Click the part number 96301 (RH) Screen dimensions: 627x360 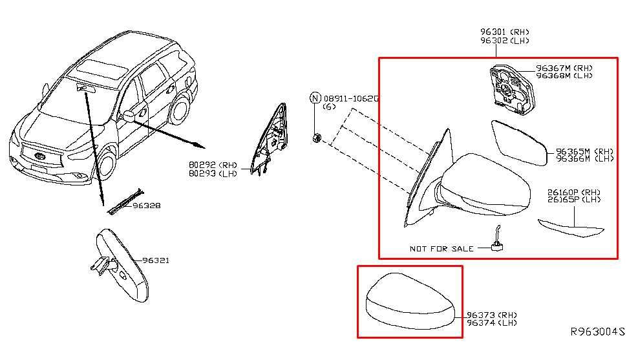[504, 32]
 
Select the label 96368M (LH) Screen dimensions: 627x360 [564, 76]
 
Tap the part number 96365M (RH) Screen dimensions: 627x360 [584, 152]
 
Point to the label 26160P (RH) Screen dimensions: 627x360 [574, 192]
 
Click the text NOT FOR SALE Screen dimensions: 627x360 [441, 249]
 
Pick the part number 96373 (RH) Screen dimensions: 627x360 [491, 315]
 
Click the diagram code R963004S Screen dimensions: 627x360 [597, 332]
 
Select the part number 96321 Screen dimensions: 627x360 [156, 260]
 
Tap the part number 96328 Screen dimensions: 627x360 [147, 206]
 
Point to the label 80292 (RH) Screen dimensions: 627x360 [213, 165]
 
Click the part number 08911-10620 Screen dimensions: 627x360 [351, 98]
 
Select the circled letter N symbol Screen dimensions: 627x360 [316, 98]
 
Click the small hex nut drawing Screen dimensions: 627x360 [316, 138]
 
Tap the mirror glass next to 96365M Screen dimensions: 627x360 [519, 143]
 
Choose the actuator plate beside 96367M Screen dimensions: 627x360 [512, 89]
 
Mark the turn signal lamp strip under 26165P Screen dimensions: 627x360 [571, 229]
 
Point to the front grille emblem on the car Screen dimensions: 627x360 [39, 156]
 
